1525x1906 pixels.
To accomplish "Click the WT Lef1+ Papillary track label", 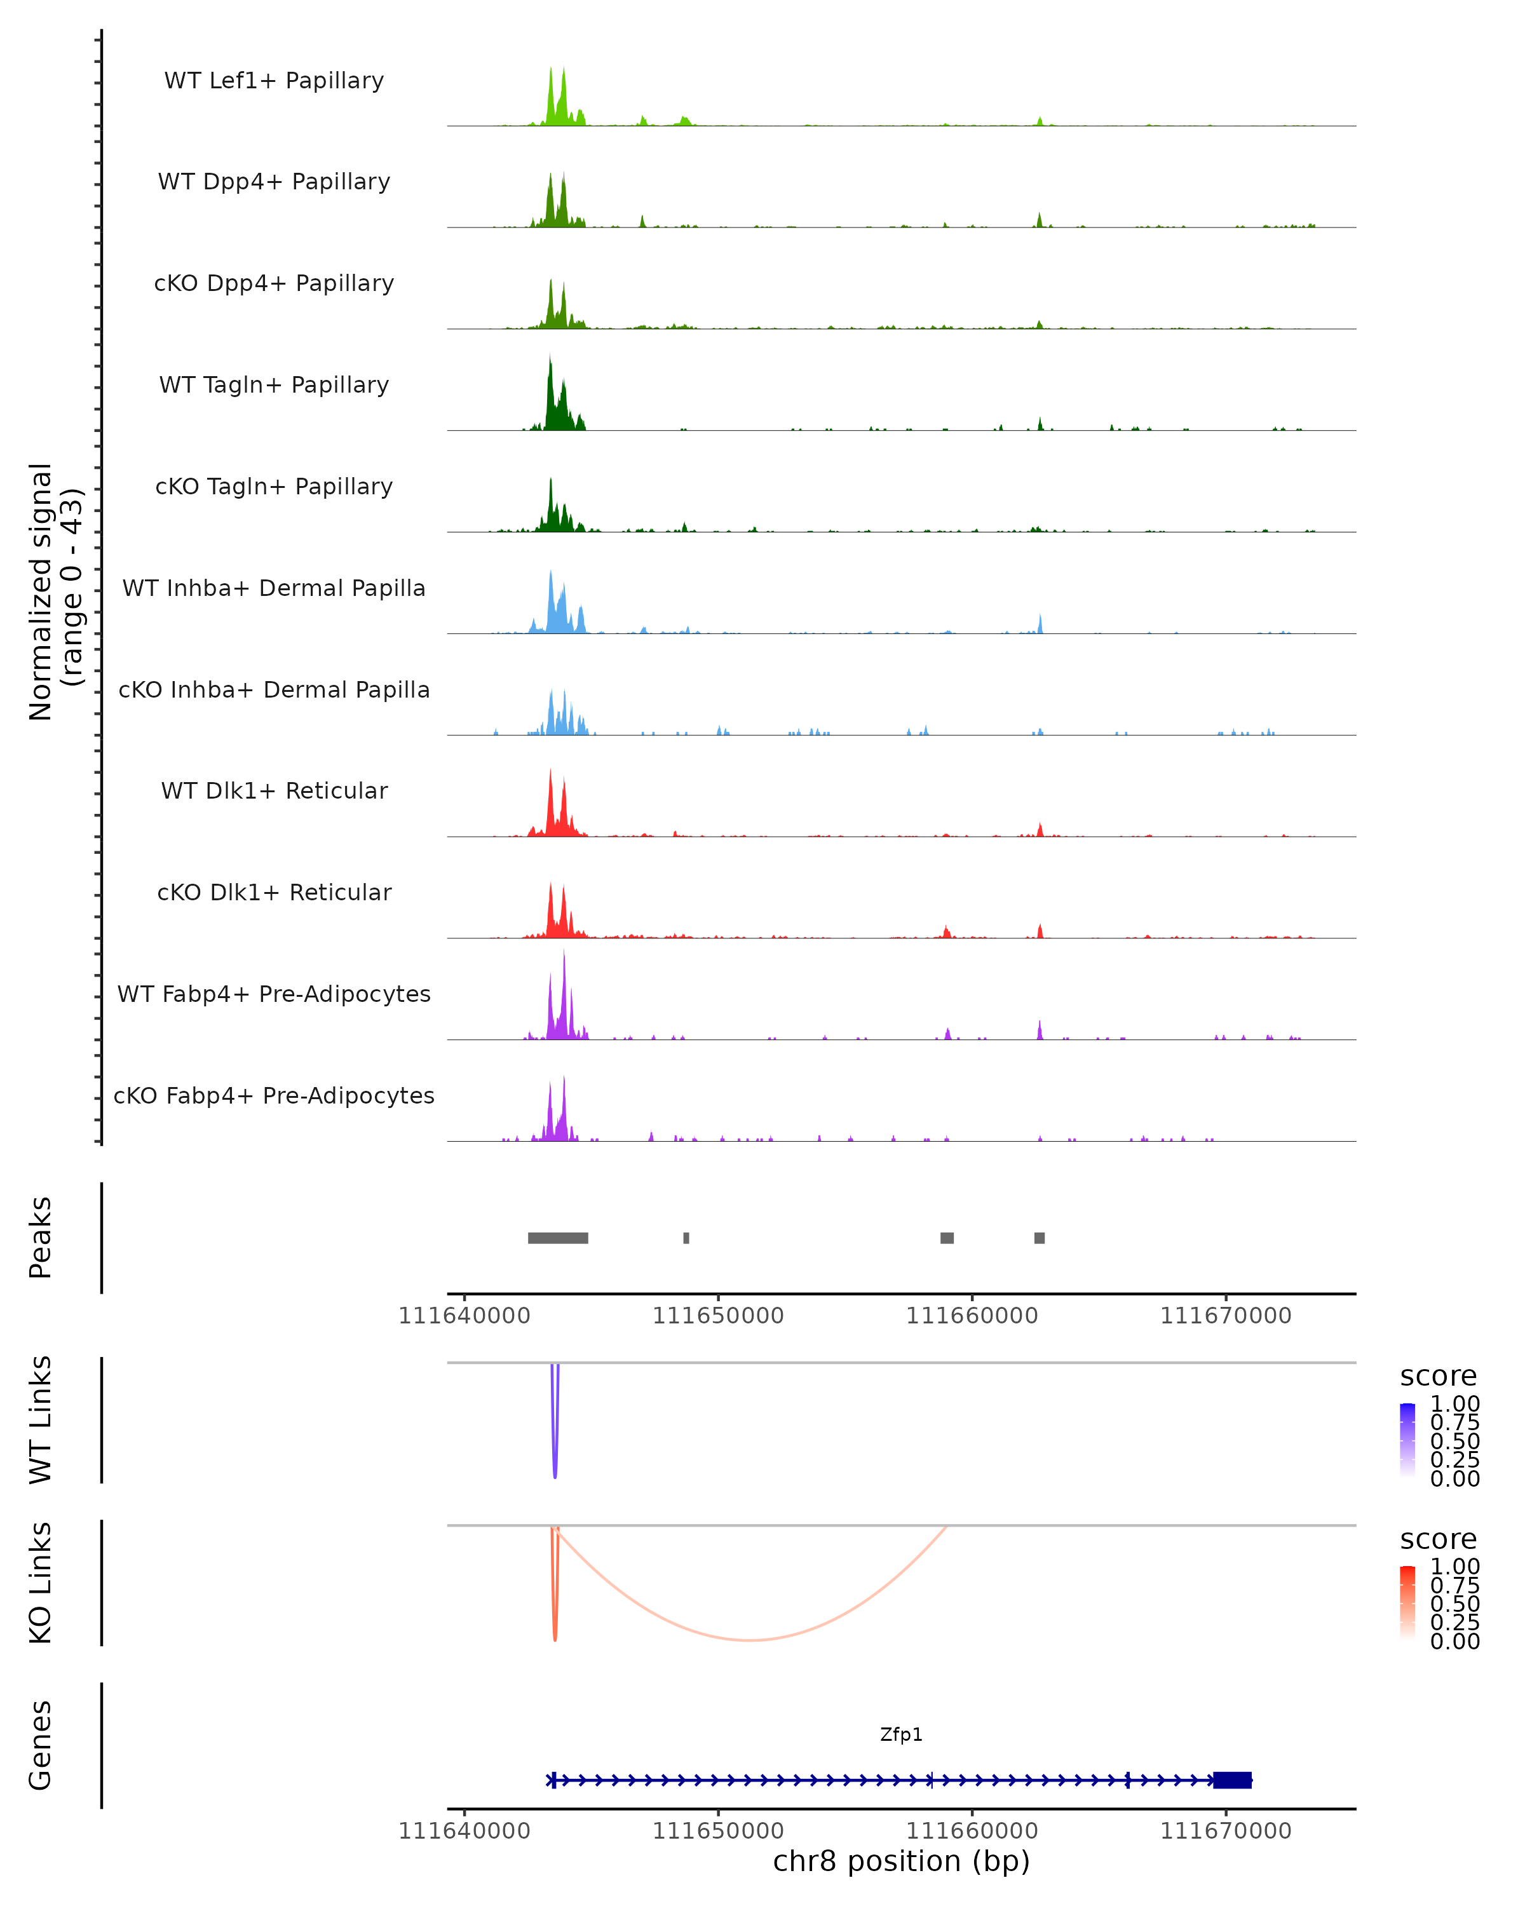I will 274,81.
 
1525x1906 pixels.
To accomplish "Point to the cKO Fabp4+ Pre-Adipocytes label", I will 274,1095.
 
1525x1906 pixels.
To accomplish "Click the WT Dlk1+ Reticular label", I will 274,790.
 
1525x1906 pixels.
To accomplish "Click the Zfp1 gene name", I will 901,1734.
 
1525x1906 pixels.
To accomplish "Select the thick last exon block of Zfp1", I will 1232,1780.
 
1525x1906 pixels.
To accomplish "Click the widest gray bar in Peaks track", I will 558,1238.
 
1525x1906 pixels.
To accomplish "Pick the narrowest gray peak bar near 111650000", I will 686,1238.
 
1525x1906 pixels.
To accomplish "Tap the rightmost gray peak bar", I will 1040,1238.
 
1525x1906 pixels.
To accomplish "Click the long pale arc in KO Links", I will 750,1640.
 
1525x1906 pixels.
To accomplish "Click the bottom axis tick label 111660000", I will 972,1831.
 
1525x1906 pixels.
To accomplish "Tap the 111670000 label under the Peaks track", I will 1225,1316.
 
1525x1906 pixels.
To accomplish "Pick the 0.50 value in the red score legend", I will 1454,1603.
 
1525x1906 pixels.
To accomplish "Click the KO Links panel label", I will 41,1583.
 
